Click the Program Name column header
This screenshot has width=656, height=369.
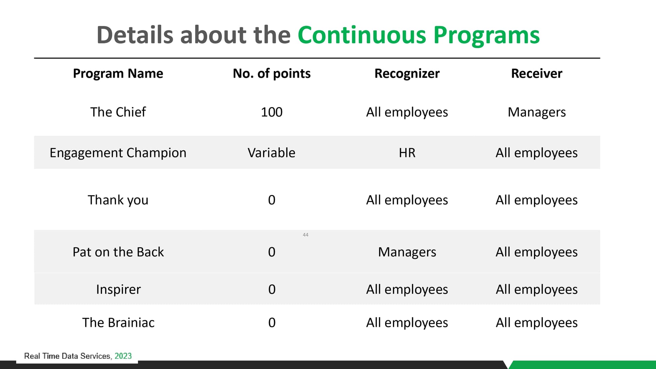[118, 73]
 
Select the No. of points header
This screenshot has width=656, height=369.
[272, 73]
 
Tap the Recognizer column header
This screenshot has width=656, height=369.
[407, 73]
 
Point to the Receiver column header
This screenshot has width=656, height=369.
[536, 73]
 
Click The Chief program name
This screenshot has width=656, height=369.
[118, 112]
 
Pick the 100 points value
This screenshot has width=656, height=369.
[272, 112]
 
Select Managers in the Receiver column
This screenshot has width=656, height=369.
[537, 112]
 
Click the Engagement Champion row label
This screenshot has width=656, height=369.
[118, 153]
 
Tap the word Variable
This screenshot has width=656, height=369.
[271, 153]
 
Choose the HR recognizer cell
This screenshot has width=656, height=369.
[407, 153]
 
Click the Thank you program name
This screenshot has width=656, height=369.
[118, 200]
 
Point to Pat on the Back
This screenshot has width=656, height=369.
[118, 252]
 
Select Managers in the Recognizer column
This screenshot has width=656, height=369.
[407, 252]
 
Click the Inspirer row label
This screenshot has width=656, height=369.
[118, 289]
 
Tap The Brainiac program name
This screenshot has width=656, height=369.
[118, 323]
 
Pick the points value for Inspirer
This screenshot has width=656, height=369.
[272, 289]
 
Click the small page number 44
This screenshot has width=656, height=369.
[305, 235]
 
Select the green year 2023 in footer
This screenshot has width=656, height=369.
[123, 356]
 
